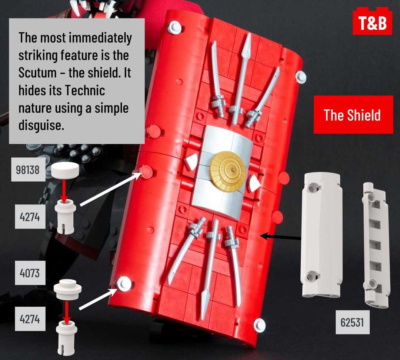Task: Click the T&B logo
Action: [x=372, y=21]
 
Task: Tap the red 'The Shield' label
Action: [x=353, y=114]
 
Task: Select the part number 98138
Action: [x=28, y=169]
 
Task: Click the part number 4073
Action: [x=30, y=273]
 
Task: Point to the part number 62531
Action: [x=352, y=322]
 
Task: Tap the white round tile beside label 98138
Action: [x=65, y=169]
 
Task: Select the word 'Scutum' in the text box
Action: [x=37, y=73]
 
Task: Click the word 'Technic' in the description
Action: [x=85, y=90]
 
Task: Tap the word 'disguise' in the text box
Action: [x=41, y=126]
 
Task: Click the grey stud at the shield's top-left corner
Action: [x=175, y=27]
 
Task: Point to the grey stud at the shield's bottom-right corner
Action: [x=260, y=325]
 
